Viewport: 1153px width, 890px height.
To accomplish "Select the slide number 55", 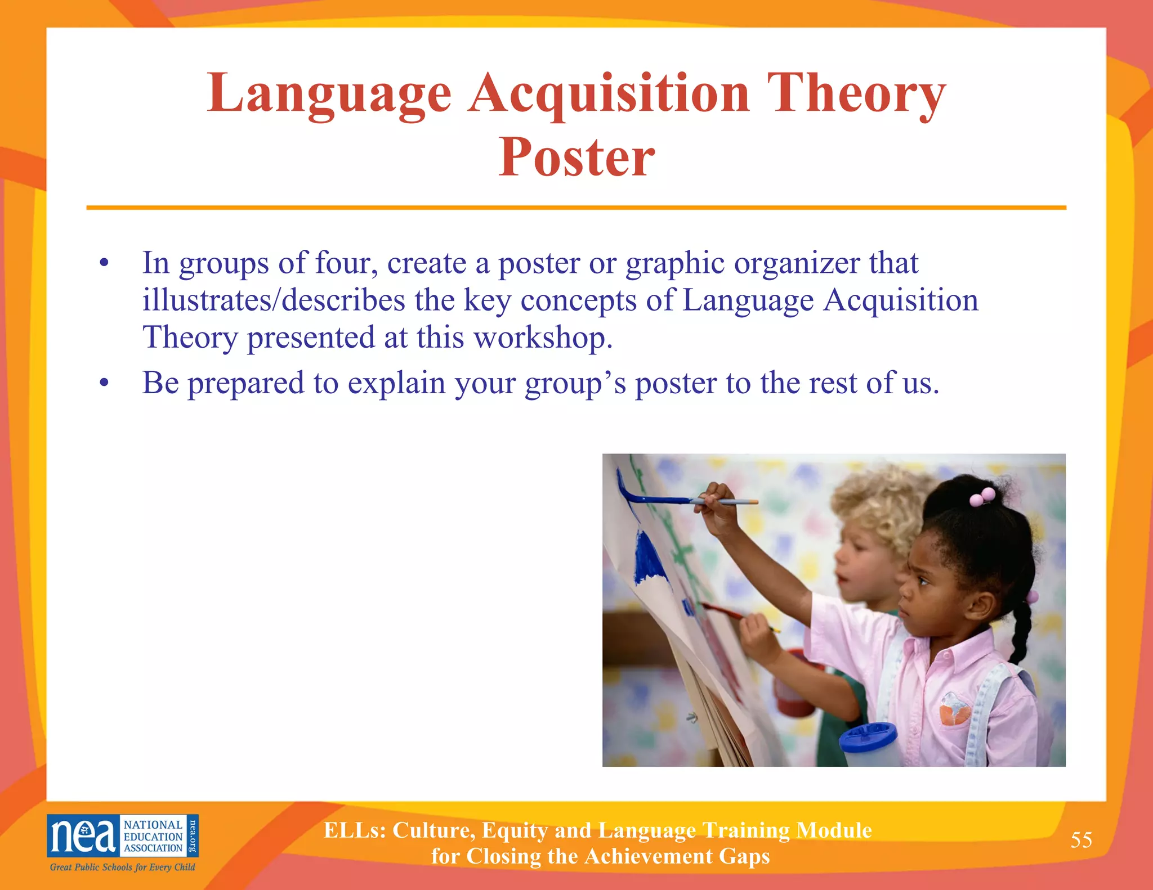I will (x=1081, y=840).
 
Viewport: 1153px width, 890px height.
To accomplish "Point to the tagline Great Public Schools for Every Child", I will (x=122, y=867).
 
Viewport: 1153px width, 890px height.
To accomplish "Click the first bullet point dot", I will (x=103, y=263).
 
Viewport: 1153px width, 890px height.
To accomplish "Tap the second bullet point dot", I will (x=103, y=384).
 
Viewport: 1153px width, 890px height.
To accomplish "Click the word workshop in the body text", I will (x=543, y=338).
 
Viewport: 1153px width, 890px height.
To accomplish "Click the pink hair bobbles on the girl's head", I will (x=982, y=496).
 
